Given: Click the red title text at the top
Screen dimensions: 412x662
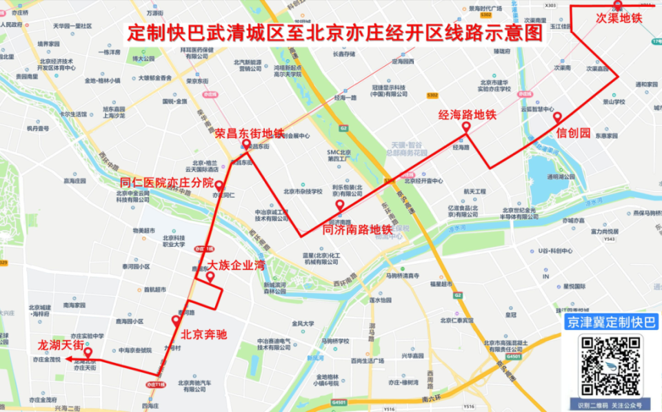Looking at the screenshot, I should [336, 33].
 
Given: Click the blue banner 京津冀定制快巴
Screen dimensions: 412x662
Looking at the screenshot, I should [610, 322].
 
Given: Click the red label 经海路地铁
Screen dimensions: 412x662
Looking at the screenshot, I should [468, 116].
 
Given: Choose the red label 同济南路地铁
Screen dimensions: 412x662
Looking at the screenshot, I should [357, 229].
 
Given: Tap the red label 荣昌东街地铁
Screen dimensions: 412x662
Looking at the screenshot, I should [249, 133].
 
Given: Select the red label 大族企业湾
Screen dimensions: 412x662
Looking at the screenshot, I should [237, 265].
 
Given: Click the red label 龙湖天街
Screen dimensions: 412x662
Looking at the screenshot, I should [61, 344].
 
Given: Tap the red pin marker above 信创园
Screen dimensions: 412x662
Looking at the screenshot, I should [557, 118].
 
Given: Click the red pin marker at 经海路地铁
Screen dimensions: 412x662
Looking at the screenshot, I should [466, 127].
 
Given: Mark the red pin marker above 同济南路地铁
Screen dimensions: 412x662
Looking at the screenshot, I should [339, 206].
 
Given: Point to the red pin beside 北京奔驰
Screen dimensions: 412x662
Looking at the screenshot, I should [176, 320].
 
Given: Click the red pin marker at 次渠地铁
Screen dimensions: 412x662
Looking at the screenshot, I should [618, 5].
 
